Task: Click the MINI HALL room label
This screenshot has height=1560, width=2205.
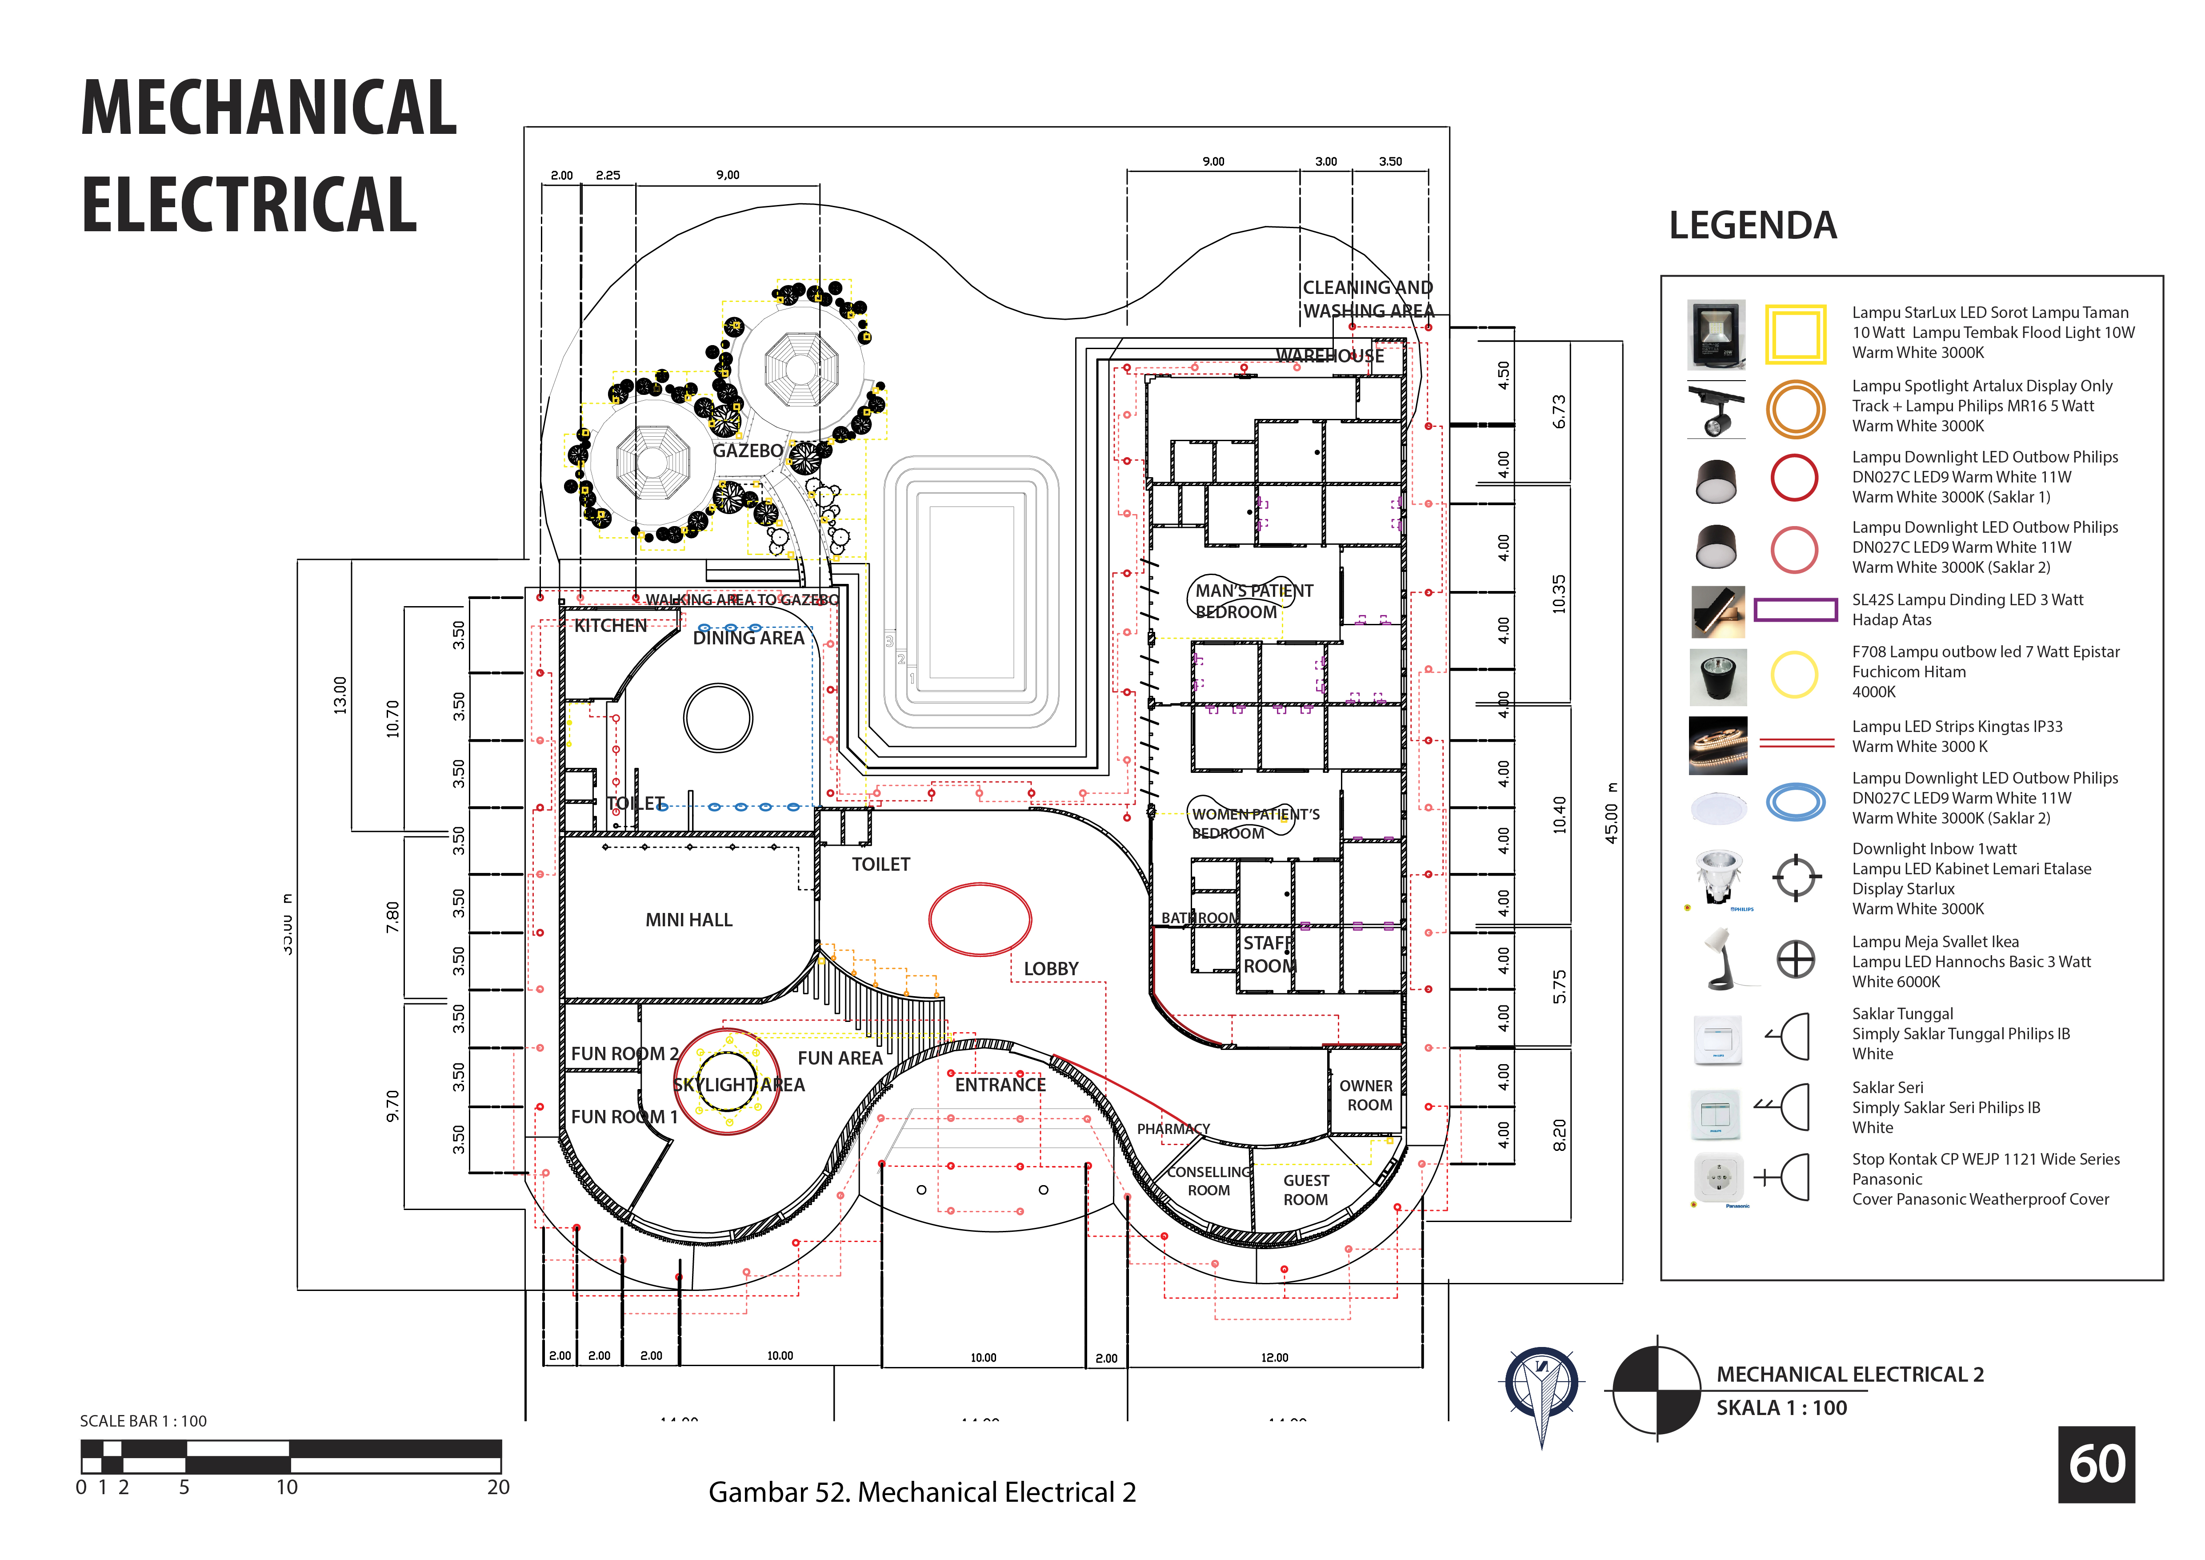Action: coord(688,920)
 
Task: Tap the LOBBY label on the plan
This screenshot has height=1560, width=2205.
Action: coord(1051,969)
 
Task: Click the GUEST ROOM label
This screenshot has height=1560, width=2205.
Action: coord(1306,1190)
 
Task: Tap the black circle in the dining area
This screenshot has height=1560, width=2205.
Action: coord(718,718)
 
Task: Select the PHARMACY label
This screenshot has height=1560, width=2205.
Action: coord(1173,1129)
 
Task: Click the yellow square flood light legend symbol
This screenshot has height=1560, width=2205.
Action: coord(1795,334)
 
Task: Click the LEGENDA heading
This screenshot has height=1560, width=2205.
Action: coord(1753,226)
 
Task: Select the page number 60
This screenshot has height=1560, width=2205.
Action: coord(2097,1465)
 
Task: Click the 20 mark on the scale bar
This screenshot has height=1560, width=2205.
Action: coord(497,1487)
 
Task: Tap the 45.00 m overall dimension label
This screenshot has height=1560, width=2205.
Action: coord(1612,814)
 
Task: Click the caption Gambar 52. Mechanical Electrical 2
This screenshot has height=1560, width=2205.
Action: coord(922,1493)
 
